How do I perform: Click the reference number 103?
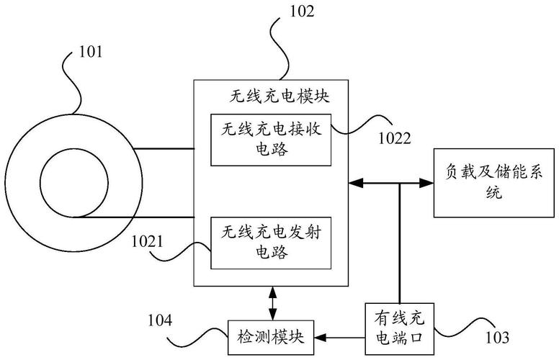click(496, 337)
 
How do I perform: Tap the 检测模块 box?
click(272, 336)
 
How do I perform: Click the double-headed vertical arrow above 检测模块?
click(272, 303)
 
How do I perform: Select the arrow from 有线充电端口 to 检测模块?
click(339, 336)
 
